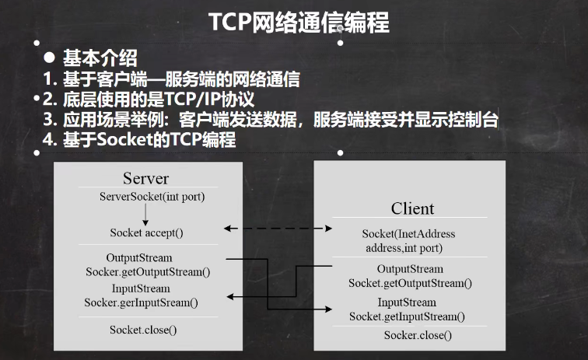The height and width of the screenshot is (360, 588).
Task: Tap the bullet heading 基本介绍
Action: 100,58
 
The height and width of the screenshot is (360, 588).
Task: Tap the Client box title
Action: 412,208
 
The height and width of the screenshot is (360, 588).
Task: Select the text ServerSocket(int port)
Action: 152,196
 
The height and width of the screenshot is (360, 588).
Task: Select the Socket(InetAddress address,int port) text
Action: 409,241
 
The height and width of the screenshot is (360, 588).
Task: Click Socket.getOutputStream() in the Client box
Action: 410,283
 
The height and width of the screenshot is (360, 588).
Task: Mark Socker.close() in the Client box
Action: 418,335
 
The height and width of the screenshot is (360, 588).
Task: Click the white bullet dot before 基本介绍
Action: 48,58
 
